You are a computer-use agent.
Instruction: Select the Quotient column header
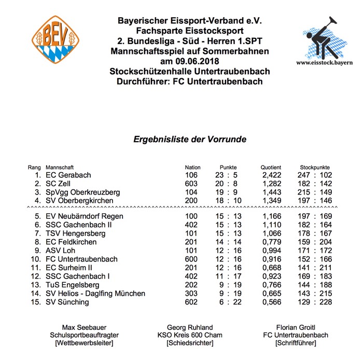[x=270, y=168]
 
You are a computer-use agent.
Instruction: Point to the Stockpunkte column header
[x=315, y=168]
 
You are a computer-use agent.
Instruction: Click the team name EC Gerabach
[x=68, y=175]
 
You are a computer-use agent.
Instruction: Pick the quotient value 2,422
[x=272, y=175]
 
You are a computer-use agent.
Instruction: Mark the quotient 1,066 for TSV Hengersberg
[x=272, y=233]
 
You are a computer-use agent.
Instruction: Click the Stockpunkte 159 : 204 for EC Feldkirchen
[x=315, y=242]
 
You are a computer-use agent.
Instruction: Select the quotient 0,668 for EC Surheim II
[x=272, y=267]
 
